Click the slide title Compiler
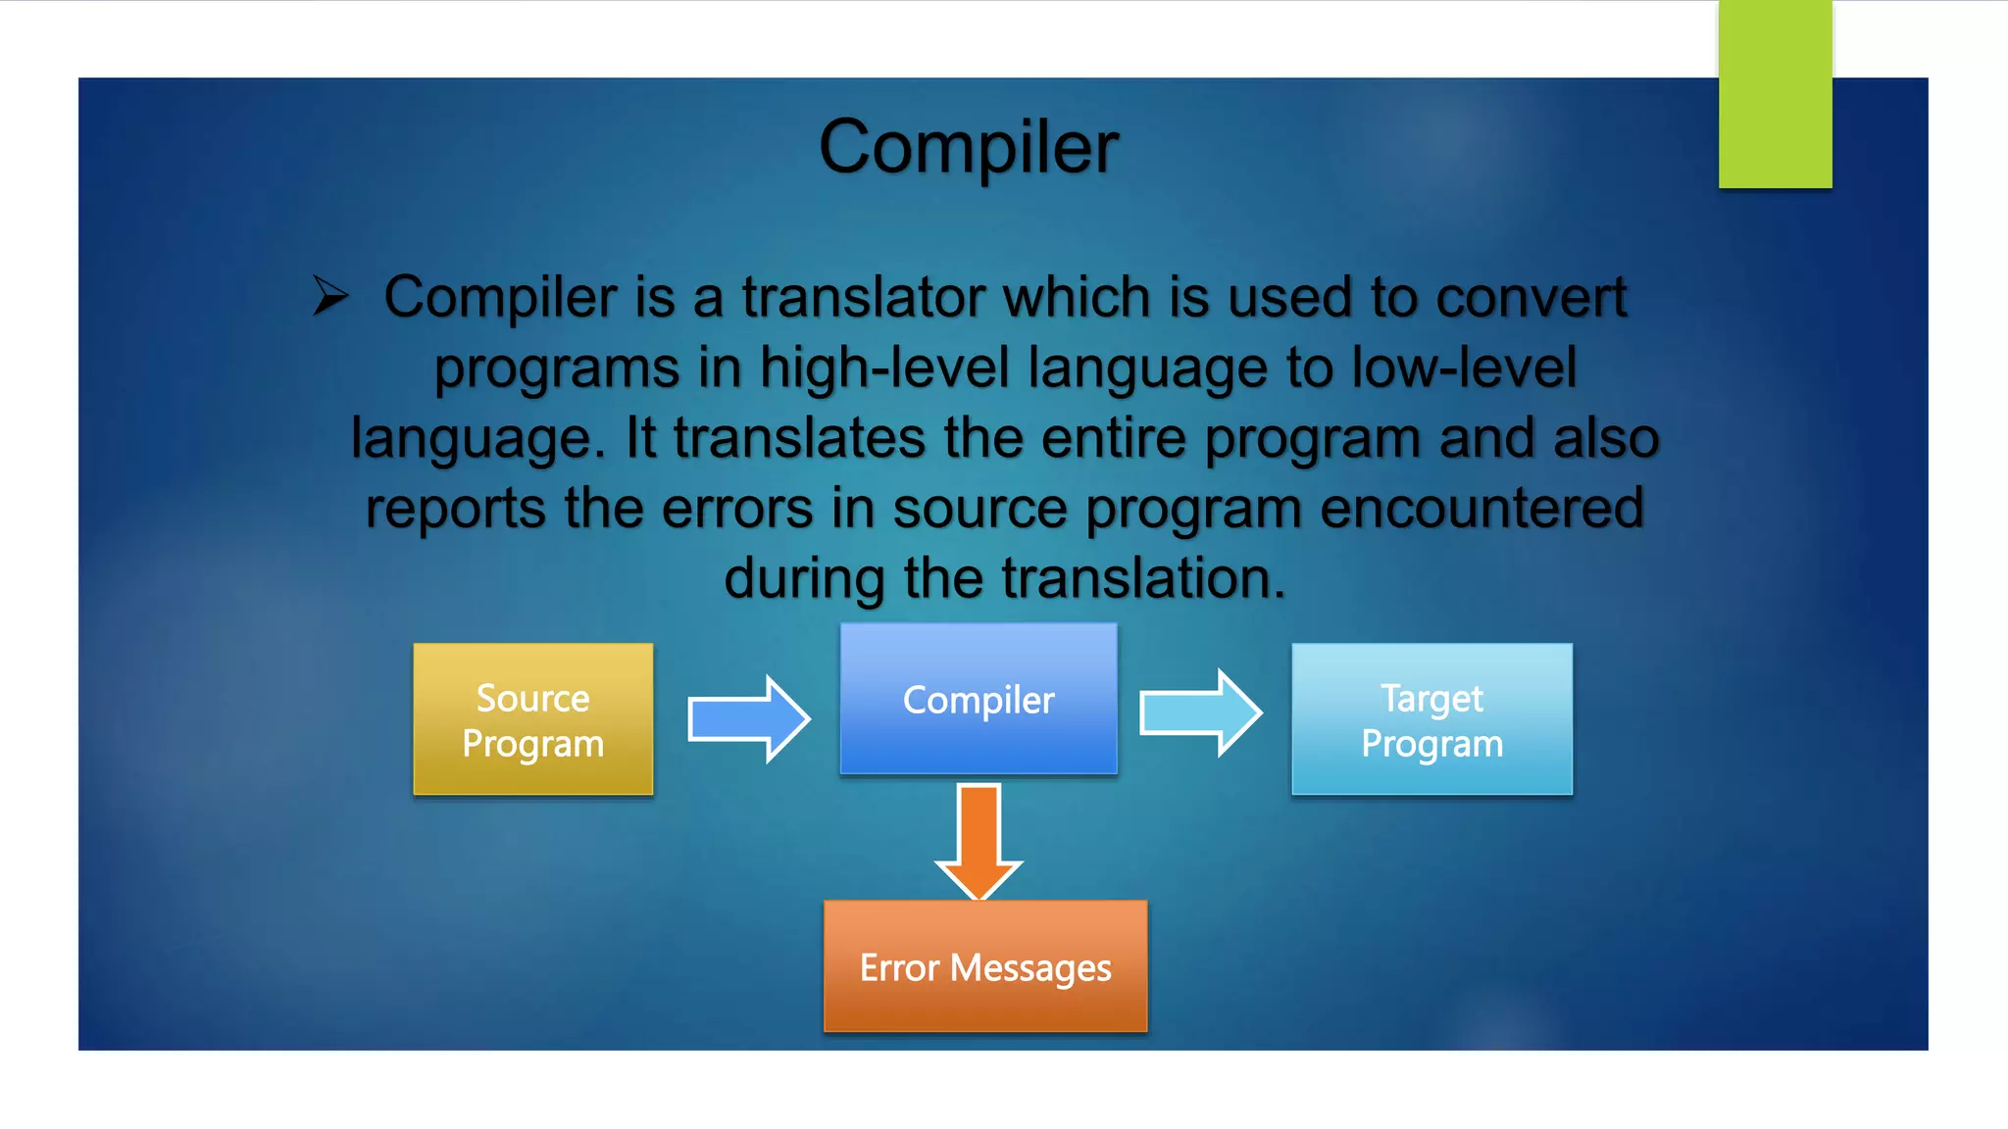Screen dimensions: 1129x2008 tap(968, 147)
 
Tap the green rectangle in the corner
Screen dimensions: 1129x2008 tap(1775, 94)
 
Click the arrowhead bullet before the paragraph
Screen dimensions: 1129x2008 tap(330, 296)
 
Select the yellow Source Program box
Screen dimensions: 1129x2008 tap(532, 719)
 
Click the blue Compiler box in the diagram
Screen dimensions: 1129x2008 tap(978, 700)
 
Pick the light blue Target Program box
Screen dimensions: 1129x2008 tap(1431, 719)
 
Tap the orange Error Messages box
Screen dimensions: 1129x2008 tap(984, 966)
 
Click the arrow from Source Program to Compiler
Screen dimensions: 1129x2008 tap(749, 719)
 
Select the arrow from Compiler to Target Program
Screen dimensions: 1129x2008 tap(1200, 713)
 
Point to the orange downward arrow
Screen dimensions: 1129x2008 tap(979, 841)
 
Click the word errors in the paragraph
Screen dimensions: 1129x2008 tap(737, 509)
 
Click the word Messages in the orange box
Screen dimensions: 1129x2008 tap(1030, 968)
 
